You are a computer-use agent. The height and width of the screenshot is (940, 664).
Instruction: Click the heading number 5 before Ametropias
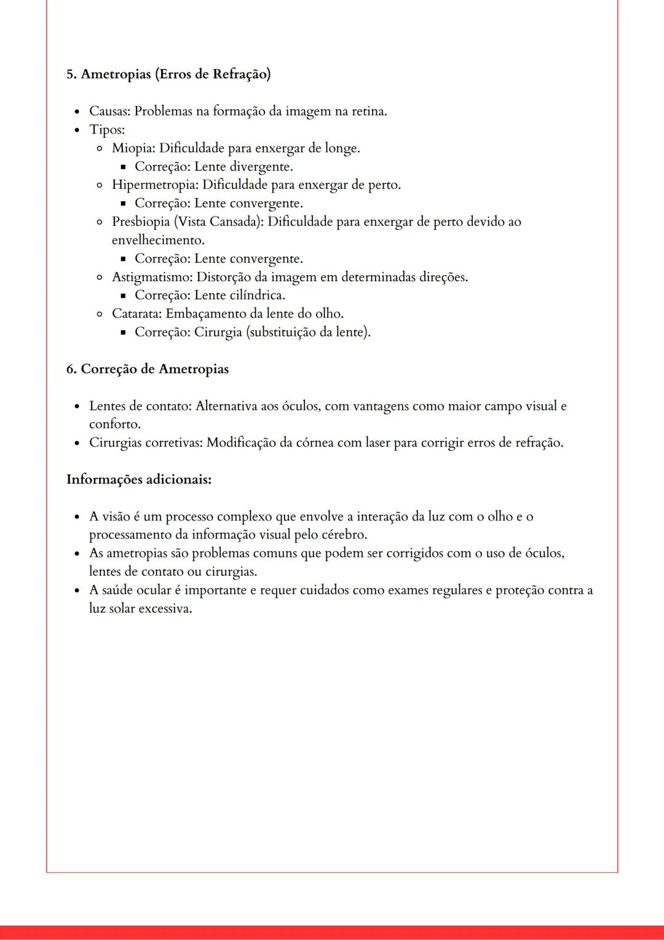click(x=70, y=74)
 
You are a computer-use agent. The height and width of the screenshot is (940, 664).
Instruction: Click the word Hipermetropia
click(x=154, y=185)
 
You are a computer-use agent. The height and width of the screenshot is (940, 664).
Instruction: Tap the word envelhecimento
click(x=157, y=240)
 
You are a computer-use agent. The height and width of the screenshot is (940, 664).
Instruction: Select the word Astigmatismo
click(x=151, y=277)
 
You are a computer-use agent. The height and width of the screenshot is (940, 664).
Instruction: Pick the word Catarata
click(x=137, y=314)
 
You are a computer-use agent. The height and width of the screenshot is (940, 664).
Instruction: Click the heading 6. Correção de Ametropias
click(x=148, y=369)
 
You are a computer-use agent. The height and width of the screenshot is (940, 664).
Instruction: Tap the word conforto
click(x=114, y=424)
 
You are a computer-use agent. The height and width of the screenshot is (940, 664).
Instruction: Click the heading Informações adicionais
click(x=139, y=479)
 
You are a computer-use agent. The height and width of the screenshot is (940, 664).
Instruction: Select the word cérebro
click(x=344, y=535)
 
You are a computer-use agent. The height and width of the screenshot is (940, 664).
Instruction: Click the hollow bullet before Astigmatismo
click(x=99, y=277)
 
